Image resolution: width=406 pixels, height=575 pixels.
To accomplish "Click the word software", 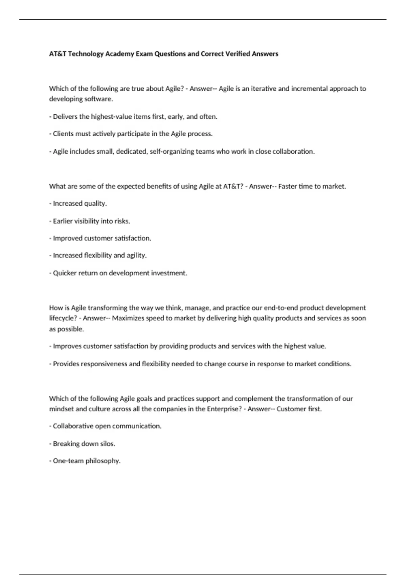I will point(98,99).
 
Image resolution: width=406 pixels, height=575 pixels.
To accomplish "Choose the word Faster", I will point(288,186).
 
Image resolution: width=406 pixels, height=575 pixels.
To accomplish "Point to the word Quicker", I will point(65,273).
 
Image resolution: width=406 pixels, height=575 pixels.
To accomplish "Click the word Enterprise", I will point(224,409).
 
